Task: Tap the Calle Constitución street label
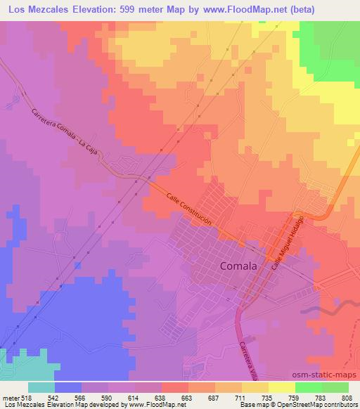[x=189, y=210]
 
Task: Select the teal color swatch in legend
[x=41, y=387]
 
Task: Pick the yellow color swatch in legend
[x=281, y=387]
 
